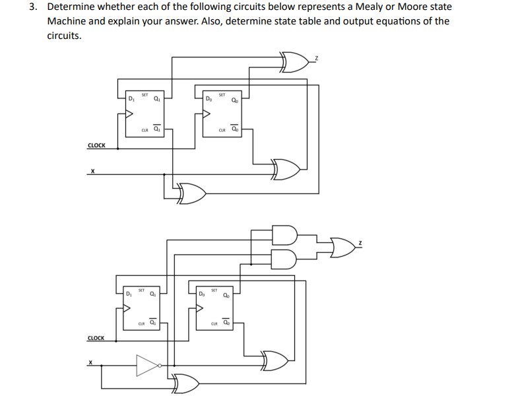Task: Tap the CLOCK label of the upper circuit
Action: [96, 145]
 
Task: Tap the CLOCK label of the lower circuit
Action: [96, 338]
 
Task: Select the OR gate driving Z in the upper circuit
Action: [295, 63]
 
